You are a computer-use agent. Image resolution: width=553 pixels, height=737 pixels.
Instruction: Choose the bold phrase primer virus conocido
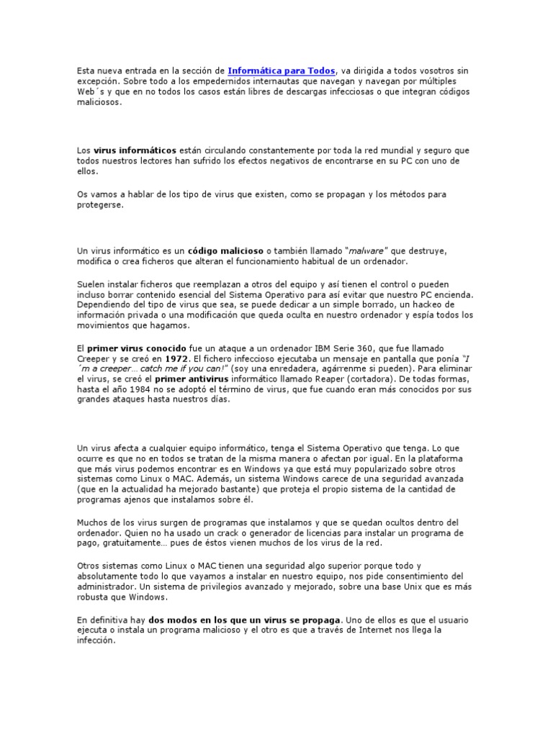(136, 348)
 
